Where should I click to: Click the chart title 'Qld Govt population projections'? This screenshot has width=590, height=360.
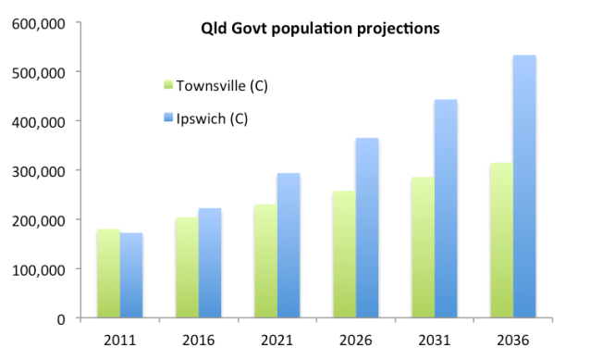(x=320, y=28)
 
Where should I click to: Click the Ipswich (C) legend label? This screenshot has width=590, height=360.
(x=215, y=118)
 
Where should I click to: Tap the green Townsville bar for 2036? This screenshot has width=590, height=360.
(x=501, y=242)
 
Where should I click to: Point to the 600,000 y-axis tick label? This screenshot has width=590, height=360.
(x=38, y=22)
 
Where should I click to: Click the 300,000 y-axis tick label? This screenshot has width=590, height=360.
(x=38, y=170)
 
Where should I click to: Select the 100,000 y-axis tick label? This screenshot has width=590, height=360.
(x=38, y=269)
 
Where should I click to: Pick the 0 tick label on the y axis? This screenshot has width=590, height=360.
(x=59, y=318)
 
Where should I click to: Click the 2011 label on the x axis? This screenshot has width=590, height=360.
(x=119, y=340)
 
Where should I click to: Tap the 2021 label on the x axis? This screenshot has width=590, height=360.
(x=277, y=340)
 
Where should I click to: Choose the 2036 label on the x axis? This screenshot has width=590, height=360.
(x=512, y=340)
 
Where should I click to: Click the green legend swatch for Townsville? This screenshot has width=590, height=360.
(x=166, y=85)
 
